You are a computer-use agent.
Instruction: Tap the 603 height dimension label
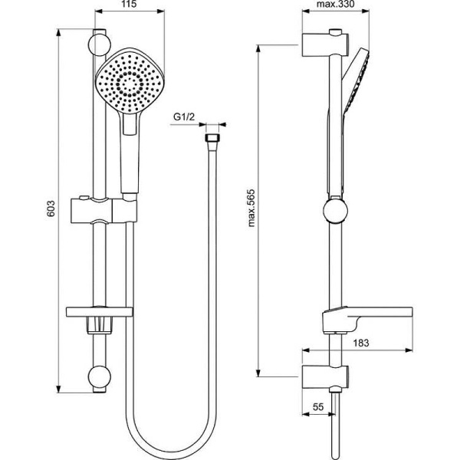point(50,209)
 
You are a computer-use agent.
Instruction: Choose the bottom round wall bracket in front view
point(99,376)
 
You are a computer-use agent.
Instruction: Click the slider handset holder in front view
point(102,210)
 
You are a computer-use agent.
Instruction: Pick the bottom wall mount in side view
point(325,376)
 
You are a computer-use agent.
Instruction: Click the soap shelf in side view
point(366,316)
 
